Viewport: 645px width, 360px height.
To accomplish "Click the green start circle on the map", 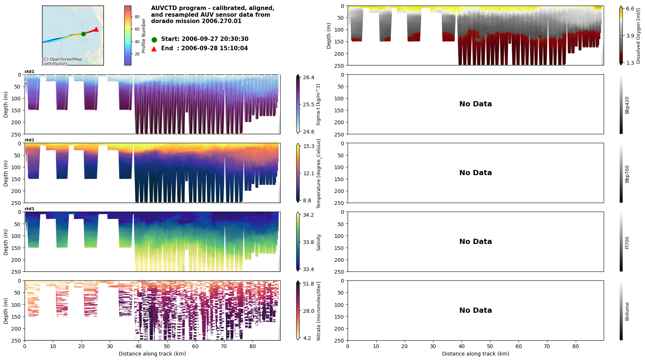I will pos(83,34).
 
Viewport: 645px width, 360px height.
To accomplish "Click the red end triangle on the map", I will pos(96,29).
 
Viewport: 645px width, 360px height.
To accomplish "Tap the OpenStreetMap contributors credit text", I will pos(62,61).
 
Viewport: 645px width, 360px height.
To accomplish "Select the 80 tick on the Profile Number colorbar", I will pos(137,17).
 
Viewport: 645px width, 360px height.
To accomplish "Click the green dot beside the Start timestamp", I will pos(154,39).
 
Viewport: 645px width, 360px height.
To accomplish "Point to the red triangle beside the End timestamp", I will pos(154,49).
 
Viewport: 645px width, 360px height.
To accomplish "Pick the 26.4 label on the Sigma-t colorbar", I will pos(309,77).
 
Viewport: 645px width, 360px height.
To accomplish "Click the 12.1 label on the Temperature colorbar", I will pos(309,173).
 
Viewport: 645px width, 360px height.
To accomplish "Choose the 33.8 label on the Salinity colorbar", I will pos(309,242).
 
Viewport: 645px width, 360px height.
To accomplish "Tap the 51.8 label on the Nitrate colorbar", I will pos(309,284).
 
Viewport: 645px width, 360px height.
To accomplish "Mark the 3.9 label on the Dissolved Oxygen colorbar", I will pos(630,36).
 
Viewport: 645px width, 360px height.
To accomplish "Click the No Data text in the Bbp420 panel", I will pos(475,104).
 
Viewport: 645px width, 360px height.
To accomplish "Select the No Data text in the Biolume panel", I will pos(475,311).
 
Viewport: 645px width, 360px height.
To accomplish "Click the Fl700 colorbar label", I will pos(627,242).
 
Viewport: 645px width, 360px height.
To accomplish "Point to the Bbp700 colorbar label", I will pos(627,174).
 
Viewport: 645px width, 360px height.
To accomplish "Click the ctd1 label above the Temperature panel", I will pos(29,140).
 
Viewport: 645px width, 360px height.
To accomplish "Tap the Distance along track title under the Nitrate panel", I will pos(152,354).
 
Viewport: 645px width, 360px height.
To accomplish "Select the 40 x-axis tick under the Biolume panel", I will pos(462,346).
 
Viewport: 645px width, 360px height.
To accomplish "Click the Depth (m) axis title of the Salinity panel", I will pos(6,242).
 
